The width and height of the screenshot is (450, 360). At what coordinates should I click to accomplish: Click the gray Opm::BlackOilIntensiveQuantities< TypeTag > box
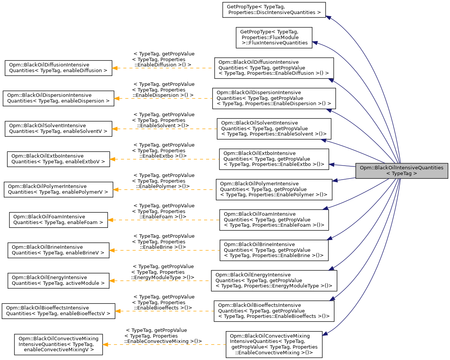[401, 171]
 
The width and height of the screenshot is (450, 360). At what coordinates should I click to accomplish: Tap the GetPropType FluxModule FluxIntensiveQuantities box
[274, 38]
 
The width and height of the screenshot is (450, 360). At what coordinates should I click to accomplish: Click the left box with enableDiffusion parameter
[58, 68]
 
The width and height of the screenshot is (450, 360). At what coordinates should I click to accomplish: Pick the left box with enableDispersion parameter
[58, 98]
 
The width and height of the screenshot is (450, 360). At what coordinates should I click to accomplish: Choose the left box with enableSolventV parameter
[58, 128]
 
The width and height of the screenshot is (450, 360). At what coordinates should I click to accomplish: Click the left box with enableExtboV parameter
[59, 159]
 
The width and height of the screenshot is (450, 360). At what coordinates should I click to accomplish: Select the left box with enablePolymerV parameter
[58, 189]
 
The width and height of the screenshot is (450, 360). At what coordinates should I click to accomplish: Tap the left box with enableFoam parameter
[59, 219]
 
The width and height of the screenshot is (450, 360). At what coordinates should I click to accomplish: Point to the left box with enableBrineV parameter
[59, 250]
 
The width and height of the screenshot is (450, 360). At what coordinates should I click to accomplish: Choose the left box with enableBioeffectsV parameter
[59, 311]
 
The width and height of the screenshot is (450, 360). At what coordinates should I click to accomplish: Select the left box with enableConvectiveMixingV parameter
[59, 344]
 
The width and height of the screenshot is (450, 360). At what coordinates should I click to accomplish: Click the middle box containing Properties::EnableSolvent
[274, 128]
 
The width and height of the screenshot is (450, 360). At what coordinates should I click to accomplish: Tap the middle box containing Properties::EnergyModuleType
[274, 280]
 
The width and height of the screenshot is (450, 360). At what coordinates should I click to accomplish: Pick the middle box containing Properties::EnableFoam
[273, 219]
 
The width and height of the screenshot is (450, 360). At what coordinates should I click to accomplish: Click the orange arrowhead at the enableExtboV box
[112, 159]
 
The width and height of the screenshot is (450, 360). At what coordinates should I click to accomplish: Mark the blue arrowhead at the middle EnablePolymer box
[335, 180]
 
